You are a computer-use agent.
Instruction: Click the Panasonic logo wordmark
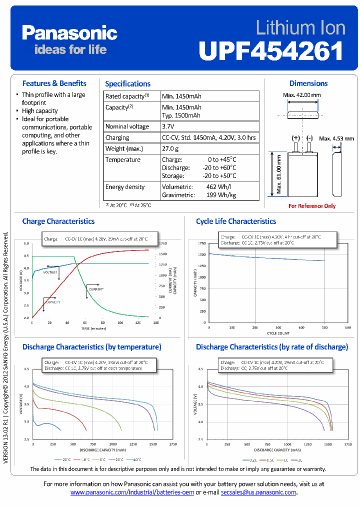(x=69, y=33)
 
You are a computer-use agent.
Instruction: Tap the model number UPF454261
(x=271, y=50)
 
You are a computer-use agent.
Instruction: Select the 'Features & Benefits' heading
(x=54, y=83)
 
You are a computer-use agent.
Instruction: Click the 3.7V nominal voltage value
(x=168, y=126)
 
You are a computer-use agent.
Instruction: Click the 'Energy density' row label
(x=125, y=187)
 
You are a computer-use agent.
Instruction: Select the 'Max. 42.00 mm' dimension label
(x=302, y=95)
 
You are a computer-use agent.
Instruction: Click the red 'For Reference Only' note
(x=312, y=206)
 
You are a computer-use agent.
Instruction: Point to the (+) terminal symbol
(x=296, y=137)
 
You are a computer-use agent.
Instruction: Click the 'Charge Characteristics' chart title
(x=58, y=221)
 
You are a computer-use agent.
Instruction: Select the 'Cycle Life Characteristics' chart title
(x=236, y=221)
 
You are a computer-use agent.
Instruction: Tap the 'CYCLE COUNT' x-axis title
(x=277, y=332)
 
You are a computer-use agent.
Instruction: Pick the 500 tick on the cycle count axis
(x=324, y=327)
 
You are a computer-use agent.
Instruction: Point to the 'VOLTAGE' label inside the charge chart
(x=50, y=272)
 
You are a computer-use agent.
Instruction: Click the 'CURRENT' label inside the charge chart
(x=96, y=289)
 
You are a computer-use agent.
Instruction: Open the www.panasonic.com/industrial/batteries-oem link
(x=132, y=492)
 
